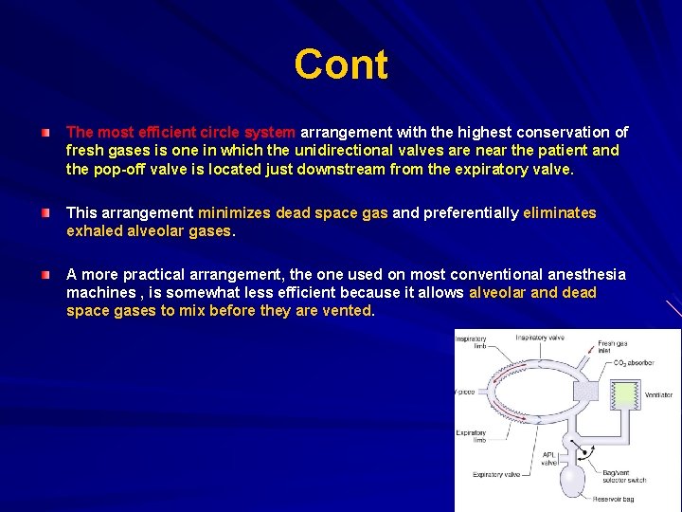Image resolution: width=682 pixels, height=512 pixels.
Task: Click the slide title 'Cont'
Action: pos(341,64)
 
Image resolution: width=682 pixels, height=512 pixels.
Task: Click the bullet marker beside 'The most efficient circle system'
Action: pos(45,132)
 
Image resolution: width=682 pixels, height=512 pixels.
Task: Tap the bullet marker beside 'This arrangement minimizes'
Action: pos(45,213)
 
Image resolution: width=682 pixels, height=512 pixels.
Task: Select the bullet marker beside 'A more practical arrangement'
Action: pos(45,274)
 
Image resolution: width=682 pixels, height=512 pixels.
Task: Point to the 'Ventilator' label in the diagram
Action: pos(658,394)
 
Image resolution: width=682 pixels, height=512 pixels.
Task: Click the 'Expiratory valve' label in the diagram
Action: pos(496,474)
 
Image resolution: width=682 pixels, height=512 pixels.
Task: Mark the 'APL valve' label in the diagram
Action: pos(549,459)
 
